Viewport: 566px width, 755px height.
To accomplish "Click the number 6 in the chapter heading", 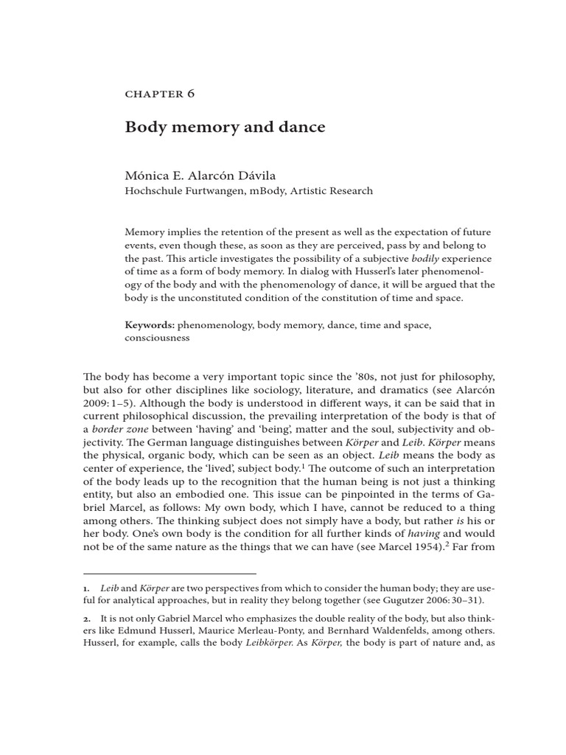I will (x=190, y=94).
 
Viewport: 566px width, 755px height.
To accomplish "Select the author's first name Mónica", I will (x=146, y=175).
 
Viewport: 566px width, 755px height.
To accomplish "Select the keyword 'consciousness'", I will (x=157, y=338).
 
